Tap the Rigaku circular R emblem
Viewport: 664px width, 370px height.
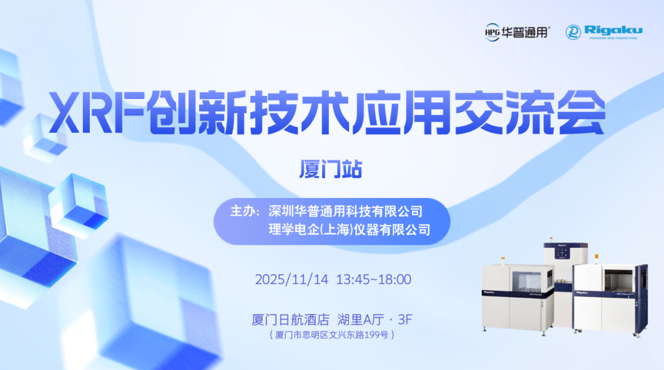tap(574, 32)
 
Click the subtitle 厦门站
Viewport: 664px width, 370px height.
tap(331, 169)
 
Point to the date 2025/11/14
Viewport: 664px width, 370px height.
tap(292, 279)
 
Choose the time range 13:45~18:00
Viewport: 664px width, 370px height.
tap(373, 279)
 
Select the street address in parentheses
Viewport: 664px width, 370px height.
tap(331, 335)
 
